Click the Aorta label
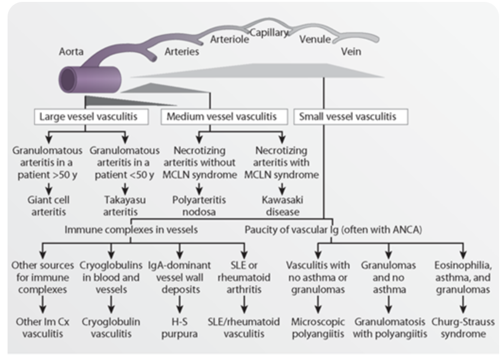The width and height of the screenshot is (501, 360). pos(71,51)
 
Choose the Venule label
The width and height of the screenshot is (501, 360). pos(315,40)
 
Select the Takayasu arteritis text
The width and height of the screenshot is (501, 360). pos(125,206)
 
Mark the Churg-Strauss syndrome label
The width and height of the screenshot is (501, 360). pos(463,327)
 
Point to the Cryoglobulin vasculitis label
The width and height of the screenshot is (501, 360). pos(111,327)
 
